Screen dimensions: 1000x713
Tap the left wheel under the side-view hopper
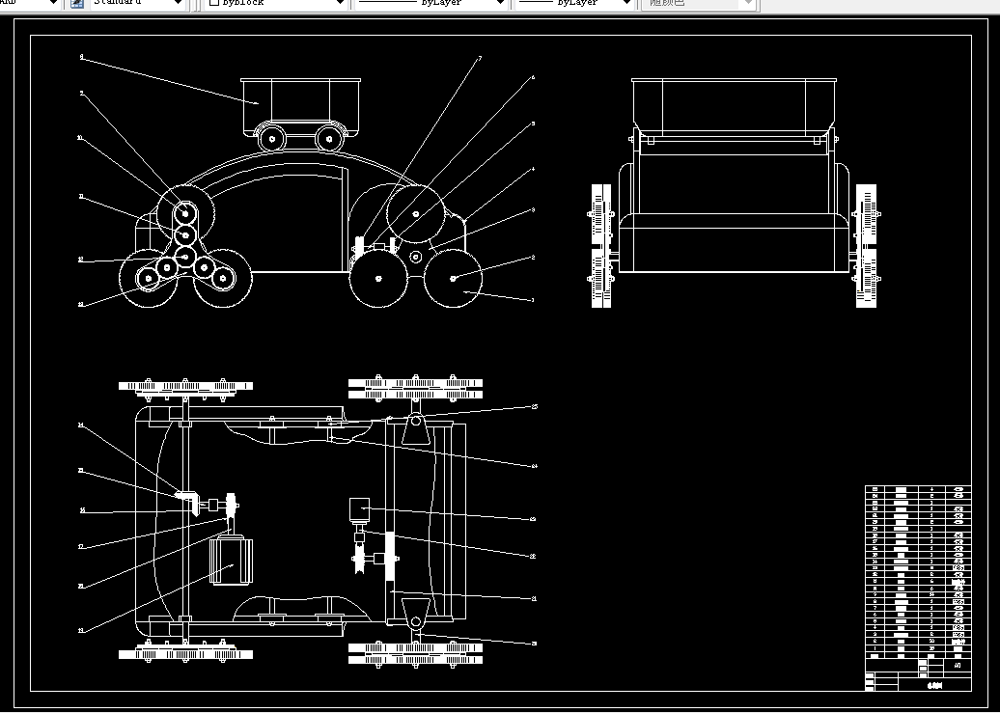(273, 138)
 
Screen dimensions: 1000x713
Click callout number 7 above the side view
(480, 59)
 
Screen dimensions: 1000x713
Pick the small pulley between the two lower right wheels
(415, 257)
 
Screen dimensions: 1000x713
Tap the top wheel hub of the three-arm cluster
(184, 211)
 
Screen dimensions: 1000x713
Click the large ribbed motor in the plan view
(231, 559)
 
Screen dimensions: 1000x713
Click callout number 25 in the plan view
(534, 407)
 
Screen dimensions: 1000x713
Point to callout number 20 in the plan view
(534, 642)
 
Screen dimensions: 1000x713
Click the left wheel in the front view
(601, 246)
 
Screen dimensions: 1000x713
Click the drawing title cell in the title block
(931, 685)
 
